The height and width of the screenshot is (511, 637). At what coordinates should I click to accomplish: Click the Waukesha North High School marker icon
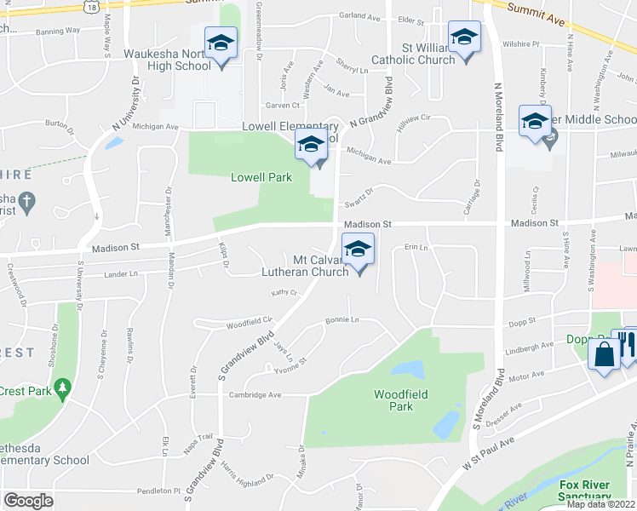point(221,43)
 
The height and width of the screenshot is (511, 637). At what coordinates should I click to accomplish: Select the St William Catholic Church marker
point(464,38)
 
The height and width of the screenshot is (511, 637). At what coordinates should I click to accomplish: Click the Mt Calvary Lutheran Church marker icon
point(359,250)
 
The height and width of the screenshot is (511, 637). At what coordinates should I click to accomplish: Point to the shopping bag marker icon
point(604,353)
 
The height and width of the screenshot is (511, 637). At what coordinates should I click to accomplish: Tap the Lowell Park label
point(261,177)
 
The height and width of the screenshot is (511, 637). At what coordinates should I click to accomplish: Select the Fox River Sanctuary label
point(586,491)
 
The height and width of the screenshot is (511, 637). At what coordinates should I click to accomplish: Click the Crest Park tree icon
point(61,389)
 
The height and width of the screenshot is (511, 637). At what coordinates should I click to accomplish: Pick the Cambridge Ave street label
point(255,395)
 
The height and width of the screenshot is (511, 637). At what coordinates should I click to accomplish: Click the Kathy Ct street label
point(284,292)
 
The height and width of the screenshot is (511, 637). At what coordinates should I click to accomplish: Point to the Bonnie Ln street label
point(342,321)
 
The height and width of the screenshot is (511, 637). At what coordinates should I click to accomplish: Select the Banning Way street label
point(58,31)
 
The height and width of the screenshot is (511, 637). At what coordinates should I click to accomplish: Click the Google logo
point(28,501)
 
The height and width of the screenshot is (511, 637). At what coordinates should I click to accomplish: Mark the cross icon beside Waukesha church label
point(26,202)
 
